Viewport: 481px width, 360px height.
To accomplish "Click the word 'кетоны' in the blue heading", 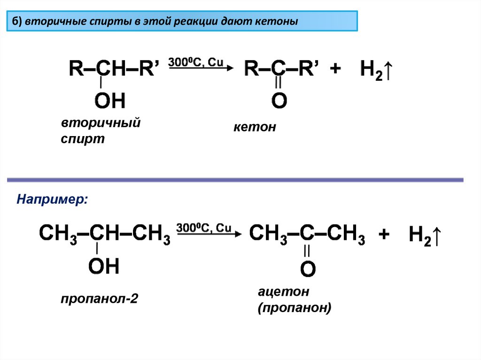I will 277,22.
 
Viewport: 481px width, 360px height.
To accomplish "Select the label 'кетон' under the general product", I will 255,127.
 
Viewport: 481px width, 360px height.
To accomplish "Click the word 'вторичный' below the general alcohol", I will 101,123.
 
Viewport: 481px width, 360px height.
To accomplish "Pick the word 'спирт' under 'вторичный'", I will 82,139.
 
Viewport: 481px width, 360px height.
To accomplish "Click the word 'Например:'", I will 52,199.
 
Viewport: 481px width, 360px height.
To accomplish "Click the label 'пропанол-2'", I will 99,299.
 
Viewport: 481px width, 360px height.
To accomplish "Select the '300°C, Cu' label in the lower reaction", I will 204,228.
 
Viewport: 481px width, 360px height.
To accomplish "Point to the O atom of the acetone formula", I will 308,269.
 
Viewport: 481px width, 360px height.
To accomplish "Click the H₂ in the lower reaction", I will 419,235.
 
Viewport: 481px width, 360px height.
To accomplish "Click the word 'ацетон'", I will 283,291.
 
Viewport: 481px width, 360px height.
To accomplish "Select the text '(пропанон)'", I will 294,308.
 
